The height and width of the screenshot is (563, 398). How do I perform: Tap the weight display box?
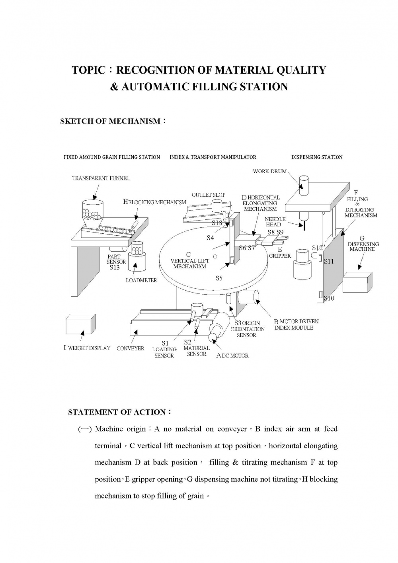tap(80, 324)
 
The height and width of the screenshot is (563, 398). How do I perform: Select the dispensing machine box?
tap(357, 282)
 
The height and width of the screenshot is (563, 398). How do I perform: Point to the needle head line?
tap(304, 225)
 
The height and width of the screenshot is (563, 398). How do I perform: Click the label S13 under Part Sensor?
tap(115, 268)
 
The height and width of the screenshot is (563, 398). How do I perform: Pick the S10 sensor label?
tap(329, 298)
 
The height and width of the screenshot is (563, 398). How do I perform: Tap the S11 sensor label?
tap(329, 261)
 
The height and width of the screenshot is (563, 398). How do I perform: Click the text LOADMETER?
tap(141, 280)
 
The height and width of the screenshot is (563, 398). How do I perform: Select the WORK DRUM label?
tap(270, 172)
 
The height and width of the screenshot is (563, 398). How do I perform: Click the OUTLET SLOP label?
tap(209, 195)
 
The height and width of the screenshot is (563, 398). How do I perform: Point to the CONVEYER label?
tap(131, 348)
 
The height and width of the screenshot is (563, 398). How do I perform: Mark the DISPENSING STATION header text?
tap(317, 157)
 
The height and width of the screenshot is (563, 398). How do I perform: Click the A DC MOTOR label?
tap(232, 356)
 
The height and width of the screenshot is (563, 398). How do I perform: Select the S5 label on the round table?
tap(219, 278)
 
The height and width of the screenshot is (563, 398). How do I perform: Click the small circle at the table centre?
tap(215, 256)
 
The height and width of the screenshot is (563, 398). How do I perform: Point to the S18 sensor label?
tap(217, 223)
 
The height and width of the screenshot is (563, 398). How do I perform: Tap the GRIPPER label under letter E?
tap(280, 256)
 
